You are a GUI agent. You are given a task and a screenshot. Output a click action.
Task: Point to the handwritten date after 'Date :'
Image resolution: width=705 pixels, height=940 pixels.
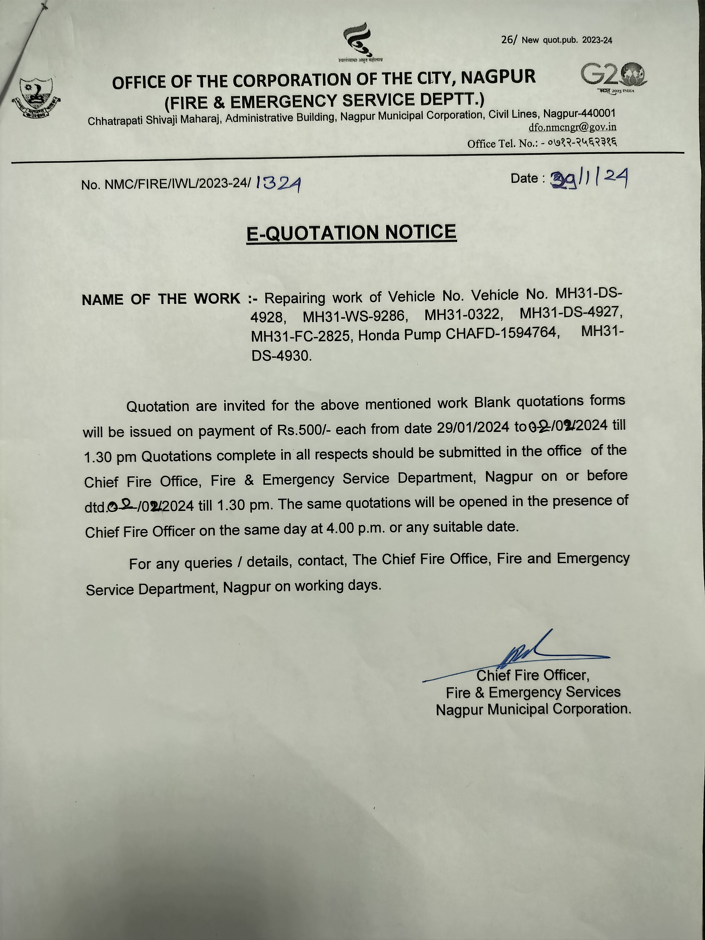(x=589, y=178)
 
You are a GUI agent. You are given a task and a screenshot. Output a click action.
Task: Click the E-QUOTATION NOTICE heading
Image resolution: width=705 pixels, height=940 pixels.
(x=351, y=233)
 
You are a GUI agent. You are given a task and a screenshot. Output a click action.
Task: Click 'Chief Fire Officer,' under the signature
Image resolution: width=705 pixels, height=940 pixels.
(x=533, y=675)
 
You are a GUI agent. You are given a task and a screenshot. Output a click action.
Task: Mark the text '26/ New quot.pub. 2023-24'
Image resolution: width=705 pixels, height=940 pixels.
(x=557, y=40)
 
